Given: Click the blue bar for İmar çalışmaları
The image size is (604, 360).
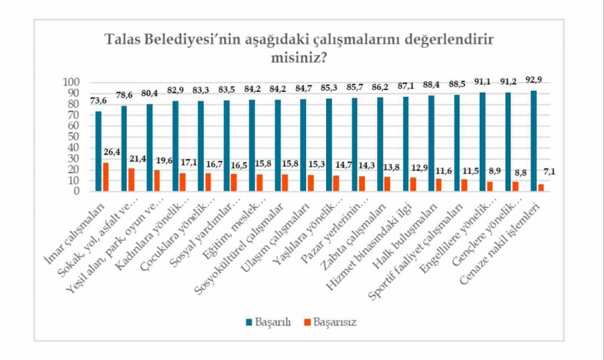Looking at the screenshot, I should [99, 151].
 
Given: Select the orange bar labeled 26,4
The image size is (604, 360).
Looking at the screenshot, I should [105, 177].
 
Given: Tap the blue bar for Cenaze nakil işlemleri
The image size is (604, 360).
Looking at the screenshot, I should [534, 140].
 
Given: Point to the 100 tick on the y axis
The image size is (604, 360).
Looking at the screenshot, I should [72, 82].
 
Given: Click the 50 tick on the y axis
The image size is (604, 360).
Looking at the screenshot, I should [74, 136].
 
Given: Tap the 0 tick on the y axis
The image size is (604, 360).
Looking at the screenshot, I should [77, 191].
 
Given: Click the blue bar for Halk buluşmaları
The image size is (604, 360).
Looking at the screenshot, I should [432, 143].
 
